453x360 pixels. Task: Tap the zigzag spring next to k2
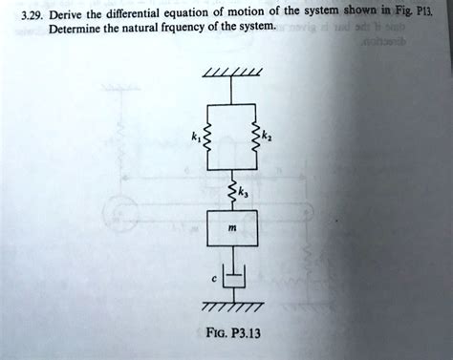pyautogui.click(x=253, y=138)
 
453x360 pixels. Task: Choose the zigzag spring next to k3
pyautogui.click(x=230, y=194)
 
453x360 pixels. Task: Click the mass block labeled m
pyautogui.click(x=231, y=232)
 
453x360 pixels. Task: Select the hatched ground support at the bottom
pyautogui.click(x=230, y=307)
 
